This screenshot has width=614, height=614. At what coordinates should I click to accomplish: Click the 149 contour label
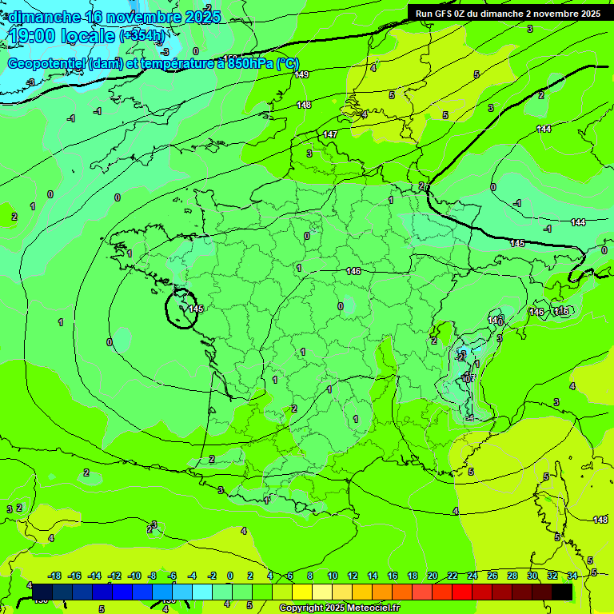(301, 74)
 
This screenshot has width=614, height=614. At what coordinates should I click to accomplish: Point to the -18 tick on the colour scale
(55, 576)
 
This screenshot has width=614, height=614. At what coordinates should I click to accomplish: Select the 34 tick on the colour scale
(572, 576)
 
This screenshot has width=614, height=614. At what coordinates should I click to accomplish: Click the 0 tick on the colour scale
(230, 576)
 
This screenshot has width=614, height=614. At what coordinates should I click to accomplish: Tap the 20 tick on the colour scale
(433, 576)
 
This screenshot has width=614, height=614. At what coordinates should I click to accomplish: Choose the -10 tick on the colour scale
(134, 576)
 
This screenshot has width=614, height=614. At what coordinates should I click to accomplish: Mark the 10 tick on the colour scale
(332, 576)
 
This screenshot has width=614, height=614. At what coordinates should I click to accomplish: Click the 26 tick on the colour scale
(492, 576)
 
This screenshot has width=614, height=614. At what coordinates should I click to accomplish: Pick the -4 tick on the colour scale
(192, 576)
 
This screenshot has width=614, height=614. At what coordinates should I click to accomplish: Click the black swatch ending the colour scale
(562, 592)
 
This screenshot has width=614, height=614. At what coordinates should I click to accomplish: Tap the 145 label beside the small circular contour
(196, 309)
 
